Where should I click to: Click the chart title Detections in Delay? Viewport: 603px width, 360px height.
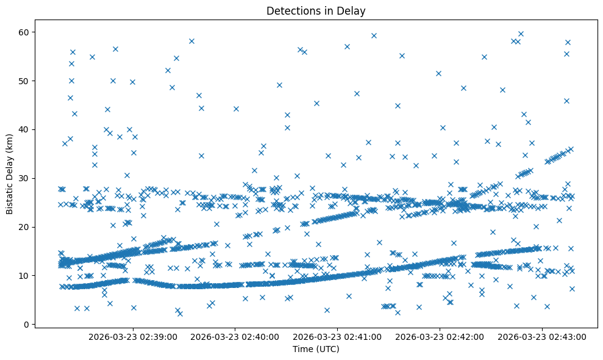tap(316, 10)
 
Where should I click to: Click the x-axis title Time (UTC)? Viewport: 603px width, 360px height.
tap(316, 349)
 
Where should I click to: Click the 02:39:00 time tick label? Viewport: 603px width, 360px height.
tap(133, 336)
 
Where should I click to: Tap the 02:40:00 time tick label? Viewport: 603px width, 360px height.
tap(235, 336)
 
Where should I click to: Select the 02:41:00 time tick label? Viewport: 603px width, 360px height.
tap(338, 336)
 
